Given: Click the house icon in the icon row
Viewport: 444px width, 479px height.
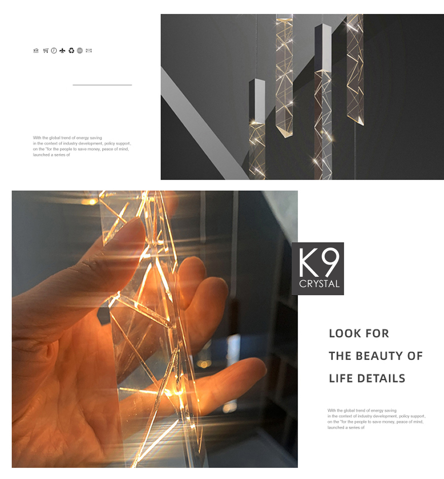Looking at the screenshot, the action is tap(36, 51).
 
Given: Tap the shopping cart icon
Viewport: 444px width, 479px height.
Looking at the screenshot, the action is tap(45, 51).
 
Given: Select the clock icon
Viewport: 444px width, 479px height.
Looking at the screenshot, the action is tap(54, 51).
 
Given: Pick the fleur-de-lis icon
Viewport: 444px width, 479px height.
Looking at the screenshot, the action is tap(62, 51).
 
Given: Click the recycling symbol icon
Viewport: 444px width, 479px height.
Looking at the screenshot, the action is tap(71, 51).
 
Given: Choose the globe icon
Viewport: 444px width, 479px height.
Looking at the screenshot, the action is tap(80, 51).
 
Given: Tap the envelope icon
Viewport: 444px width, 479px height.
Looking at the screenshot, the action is tap(89, 51).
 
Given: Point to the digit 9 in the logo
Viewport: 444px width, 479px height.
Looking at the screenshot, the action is tap(331, 262).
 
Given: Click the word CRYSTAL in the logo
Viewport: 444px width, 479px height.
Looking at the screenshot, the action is tap(319, 284).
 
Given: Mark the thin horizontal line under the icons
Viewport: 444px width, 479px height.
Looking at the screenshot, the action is tap(103, 85).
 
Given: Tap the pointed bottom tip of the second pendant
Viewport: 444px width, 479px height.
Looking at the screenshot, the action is tap(285, 137).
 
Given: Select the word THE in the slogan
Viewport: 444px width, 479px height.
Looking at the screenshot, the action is tap(340, 356).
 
